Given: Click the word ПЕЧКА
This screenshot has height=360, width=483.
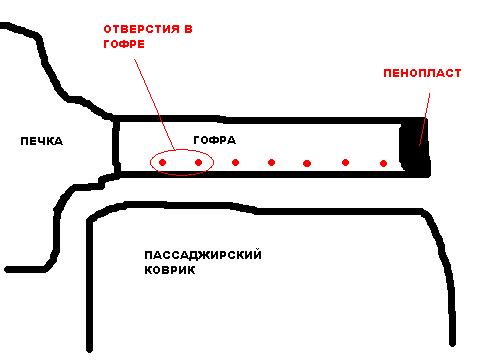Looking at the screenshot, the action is click(41, 141).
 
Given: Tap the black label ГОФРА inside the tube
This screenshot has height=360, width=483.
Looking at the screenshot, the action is click(214, 140).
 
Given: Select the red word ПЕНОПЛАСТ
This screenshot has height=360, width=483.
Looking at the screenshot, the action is click(422, 73).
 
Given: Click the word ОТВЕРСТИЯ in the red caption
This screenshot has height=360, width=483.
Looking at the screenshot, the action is click(142, 29).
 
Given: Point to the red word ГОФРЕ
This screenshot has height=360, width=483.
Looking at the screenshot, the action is click(124, 44).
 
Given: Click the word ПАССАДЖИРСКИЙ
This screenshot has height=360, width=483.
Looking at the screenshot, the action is click(203, 255).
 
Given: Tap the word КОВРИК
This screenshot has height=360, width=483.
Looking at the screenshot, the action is click(170, 270).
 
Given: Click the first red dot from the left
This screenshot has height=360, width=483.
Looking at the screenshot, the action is click(162, 163).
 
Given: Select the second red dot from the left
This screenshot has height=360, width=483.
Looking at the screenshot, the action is click(198, 163).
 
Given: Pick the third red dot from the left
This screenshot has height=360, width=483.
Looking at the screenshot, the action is click(235, 163).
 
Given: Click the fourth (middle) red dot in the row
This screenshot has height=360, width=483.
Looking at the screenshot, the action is click(271, 163).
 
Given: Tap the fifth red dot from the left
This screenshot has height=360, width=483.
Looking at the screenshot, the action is click(307, 163).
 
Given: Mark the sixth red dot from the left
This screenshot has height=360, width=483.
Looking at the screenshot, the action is click(345, 162).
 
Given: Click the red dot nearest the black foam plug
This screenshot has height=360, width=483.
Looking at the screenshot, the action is click(383, 163).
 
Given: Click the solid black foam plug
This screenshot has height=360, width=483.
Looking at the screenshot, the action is click(413, 147).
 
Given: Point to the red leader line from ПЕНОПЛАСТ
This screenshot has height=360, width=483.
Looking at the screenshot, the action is click(425, 119).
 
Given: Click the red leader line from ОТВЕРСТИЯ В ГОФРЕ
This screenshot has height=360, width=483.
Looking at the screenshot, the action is click(155, 104).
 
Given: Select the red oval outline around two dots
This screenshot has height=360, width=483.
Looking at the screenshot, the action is click(182, 150).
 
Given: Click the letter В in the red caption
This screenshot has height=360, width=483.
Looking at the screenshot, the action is click(188, 29).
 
